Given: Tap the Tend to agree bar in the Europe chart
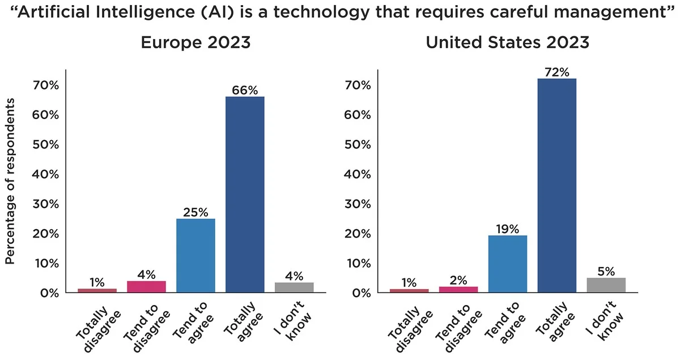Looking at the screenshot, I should pyautogui.click(x=195, y=255).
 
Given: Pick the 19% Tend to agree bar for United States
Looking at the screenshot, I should pyautogui.click(x=507, y=264).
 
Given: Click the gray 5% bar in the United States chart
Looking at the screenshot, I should pyautogui.click(x=606, y=285).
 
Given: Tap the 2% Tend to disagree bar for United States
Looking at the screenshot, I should pyautogui.click(x=458, y=289).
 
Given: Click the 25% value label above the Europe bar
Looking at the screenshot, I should pyautogui.click(x=195, y=213).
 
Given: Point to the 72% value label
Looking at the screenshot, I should pyautogui.click(x=556, y=72).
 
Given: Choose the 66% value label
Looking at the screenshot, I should pyautogui.click(x=245, y=90).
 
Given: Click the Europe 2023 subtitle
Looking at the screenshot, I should pyautogui.click(x=195, y=43).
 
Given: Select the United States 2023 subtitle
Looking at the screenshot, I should pyautogui.click(x=507, y=43).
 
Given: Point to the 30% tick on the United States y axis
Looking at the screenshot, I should pyautogui.click(x=358, y=204).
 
